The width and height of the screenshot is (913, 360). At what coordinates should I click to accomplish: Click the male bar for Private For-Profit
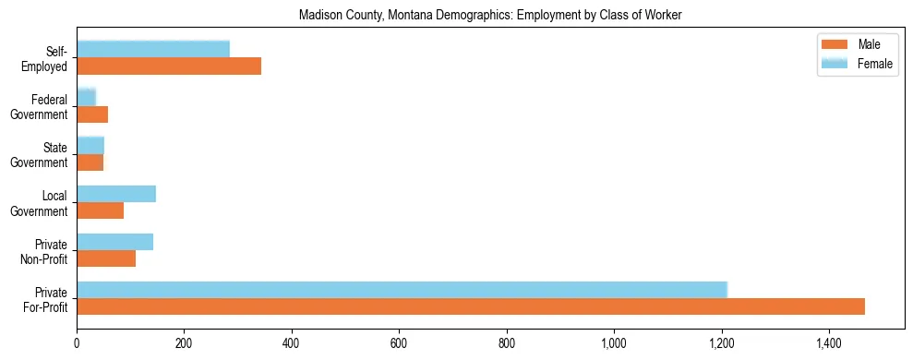click(471, 306)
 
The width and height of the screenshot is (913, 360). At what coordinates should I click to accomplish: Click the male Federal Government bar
click(92, 114)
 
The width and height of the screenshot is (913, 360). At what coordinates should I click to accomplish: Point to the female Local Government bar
click(116, 193)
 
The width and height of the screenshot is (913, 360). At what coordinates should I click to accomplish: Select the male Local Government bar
click(100, 210)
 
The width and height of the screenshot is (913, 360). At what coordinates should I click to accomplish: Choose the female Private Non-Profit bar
click(114, 241)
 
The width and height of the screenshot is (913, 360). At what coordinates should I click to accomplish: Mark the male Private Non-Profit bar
click(106, 258)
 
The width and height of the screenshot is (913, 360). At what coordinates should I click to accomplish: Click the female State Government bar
click(90, 145)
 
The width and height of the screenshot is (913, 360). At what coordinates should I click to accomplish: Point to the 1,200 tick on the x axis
click(721, 343)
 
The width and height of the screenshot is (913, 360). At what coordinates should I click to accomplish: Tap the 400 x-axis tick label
click(292, 343)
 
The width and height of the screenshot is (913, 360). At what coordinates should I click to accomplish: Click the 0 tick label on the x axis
click(77, 343)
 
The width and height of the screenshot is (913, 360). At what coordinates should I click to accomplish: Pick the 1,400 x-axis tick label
click(828, 343)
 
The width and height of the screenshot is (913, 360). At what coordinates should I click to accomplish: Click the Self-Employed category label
click(49, 58)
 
